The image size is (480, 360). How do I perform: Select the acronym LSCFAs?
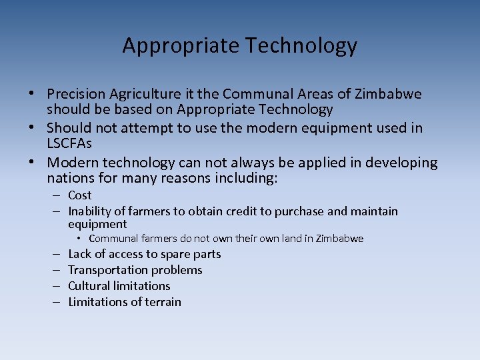[69, 143]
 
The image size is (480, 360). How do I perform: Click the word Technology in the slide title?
[301, 45]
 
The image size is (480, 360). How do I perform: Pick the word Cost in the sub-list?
[80, 195]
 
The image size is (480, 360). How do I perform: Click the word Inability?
[91, 211]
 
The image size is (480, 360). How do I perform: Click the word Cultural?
[90, 286]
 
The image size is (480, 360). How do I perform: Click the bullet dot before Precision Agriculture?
[32, 94]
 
